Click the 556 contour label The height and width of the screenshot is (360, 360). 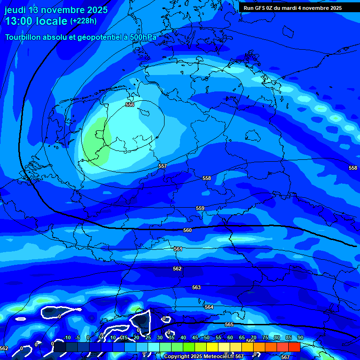pos(130,105)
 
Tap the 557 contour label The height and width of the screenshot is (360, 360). pos(162,166)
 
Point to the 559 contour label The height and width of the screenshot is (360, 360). pos(200,208)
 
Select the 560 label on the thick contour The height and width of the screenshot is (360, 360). pos(187,230)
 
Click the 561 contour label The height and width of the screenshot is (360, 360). pos(178,249)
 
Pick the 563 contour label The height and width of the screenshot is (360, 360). pos(196,287)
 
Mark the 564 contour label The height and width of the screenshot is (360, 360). pos(209,307)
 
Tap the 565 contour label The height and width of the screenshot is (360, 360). pos(229,324)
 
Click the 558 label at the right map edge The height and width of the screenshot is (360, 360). pos(353,168)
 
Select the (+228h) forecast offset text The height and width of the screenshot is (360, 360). pos(84,21)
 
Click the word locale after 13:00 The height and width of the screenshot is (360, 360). pos(50,21)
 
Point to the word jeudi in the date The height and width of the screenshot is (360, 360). pos(15,10)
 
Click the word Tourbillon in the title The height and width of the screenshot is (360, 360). pos(23,37)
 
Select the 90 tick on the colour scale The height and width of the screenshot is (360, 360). pos(300,338)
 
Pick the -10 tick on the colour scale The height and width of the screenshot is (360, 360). pos(67,338)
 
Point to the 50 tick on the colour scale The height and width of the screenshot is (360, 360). pos(207,338)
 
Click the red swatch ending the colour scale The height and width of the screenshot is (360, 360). pos(294,347)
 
